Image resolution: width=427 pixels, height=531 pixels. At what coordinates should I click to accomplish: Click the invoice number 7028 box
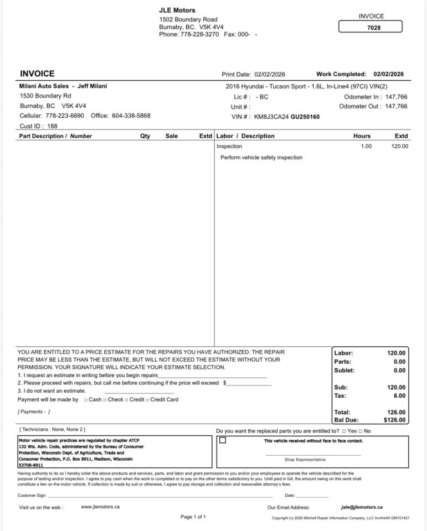(371, 27)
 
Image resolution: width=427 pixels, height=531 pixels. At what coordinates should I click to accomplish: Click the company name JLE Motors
(177, 10)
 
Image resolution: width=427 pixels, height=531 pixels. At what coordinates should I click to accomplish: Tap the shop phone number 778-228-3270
(199, 34)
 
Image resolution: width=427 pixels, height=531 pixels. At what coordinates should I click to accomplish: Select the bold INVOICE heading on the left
(37, 74)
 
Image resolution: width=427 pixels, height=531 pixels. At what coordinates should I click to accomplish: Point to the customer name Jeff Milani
(92, 86)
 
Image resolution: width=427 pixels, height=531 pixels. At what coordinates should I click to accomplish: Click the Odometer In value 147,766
(396, 97)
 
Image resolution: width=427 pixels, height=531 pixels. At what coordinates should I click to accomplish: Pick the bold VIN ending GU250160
(305, 117)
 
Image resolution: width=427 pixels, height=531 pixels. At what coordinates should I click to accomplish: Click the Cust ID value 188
(52, 126)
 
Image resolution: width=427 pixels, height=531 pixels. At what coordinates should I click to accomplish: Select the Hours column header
(362, 136)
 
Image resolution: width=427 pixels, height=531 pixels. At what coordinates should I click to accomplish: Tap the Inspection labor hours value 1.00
(366, 147)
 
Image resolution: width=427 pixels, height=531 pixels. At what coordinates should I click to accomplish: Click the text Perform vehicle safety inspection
(261, 158)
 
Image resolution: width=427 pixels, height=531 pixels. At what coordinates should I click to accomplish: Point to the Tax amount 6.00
(399, 395)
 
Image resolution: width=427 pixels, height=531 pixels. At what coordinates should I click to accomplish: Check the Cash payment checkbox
(86, 400)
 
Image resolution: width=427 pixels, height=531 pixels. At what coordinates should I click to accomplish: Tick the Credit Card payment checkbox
(147, 400)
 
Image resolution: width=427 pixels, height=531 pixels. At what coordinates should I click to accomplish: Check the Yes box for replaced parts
(344, 431)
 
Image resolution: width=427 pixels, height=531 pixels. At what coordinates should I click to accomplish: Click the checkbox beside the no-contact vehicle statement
(223, 440)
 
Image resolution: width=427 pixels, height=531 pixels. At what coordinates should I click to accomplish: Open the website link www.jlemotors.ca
(100, 507)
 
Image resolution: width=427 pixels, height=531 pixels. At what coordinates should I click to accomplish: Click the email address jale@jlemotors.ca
(362, 507)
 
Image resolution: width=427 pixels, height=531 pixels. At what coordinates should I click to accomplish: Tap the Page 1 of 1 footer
(193, 517)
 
